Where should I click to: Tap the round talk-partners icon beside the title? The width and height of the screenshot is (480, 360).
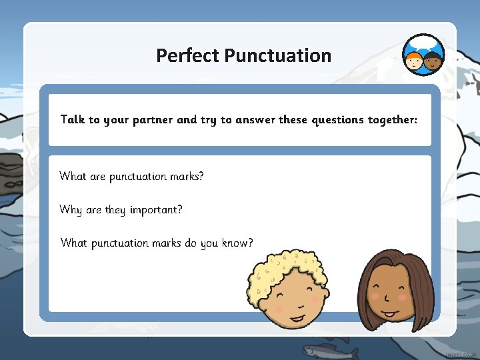click(x=423, y=55)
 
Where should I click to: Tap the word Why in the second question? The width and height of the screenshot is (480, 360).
click(x=71, y=210)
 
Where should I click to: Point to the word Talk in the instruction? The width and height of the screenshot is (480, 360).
click(x=73, y=120)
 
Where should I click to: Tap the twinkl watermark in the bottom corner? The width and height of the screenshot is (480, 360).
click(x=461, y=353)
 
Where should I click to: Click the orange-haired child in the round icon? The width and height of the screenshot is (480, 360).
click(x=413, y=61)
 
